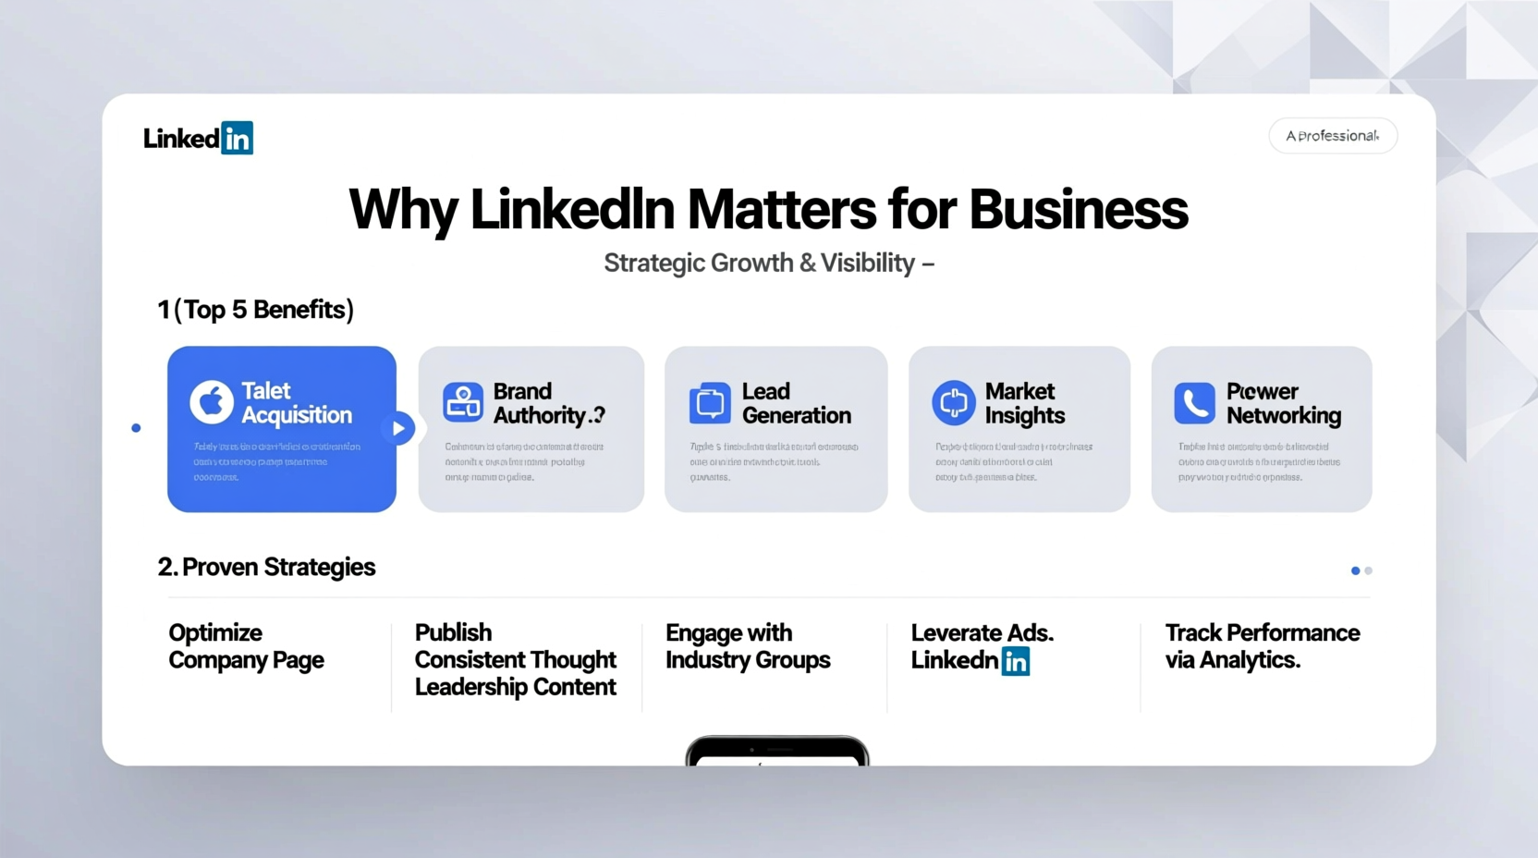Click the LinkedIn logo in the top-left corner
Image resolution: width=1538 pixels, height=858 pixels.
pos(198,139)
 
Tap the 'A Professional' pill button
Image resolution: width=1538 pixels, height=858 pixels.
pos(1333,136)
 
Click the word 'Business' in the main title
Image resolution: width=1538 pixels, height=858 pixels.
pos(1078,210)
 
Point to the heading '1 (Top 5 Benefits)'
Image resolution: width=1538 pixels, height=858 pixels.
pos(255,310)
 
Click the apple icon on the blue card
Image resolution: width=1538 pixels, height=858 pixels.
pos(212,402)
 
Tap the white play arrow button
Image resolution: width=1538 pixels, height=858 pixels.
pos(398,428)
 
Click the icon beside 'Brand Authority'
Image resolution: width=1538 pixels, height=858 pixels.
pos(463,403)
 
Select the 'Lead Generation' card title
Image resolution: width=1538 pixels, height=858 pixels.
pos(796,403)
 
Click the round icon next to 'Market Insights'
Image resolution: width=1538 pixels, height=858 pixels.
pos(953,403)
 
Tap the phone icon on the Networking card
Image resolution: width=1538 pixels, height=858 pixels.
pos(1194,403)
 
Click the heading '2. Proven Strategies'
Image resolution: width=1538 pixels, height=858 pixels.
pos(266,567)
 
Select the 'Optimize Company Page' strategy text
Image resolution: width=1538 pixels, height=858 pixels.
pos(246,646)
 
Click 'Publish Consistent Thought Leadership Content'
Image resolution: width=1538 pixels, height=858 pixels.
pos(515,659)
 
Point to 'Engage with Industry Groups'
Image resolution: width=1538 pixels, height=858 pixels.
pos(748,646)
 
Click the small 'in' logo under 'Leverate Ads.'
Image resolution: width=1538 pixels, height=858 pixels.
pos(1015,661)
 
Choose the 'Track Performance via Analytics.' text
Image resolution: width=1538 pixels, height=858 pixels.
pos(1262,646)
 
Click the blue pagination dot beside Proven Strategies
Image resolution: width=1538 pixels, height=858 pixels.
pos(1355,570)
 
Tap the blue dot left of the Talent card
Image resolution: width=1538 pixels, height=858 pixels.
pos(136,428)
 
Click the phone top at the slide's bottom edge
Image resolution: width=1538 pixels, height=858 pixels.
pos(776,750)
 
